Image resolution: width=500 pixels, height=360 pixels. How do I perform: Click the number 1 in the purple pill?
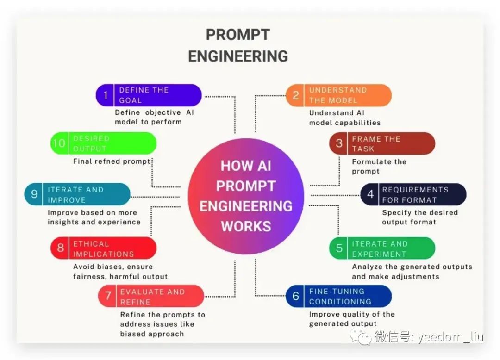106,95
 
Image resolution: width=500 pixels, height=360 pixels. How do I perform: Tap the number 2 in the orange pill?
296,95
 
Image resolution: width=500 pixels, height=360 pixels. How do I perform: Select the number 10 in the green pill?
59,143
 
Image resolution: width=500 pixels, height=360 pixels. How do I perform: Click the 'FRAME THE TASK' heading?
376,144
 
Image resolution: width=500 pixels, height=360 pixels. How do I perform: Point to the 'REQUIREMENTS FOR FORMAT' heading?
415,195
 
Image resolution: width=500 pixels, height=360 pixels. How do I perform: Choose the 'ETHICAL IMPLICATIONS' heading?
103,249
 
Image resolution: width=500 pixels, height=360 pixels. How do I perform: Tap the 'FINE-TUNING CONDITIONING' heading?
340,297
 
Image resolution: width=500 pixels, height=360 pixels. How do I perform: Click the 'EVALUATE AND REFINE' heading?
152,297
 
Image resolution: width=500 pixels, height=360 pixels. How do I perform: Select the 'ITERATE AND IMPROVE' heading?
75,195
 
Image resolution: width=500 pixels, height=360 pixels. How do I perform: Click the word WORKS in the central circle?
246,226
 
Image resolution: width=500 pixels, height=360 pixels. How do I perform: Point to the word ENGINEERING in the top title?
238,56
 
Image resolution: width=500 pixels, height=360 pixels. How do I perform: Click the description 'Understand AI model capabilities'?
344,118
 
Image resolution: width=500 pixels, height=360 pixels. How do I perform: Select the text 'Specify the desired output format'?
419,217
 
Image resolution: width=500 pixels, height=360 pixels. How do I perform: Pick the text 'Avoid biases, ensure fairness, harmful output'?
120,272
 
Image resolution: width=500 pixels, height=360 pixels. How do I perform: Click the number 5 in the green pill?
339,248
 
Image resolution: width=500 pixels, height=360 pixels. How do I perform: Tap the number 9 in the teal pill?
34,194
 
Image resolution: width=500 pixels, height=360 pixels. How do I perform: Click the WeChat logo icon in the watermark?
362,337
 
